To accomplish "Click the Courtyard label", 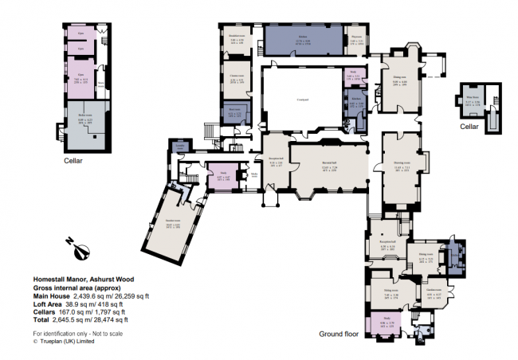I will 302,100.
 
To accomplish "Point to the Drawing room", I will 402,166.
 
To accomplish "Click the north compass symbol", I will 80,247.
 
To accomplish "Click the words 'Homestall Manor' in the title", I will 61,280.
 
